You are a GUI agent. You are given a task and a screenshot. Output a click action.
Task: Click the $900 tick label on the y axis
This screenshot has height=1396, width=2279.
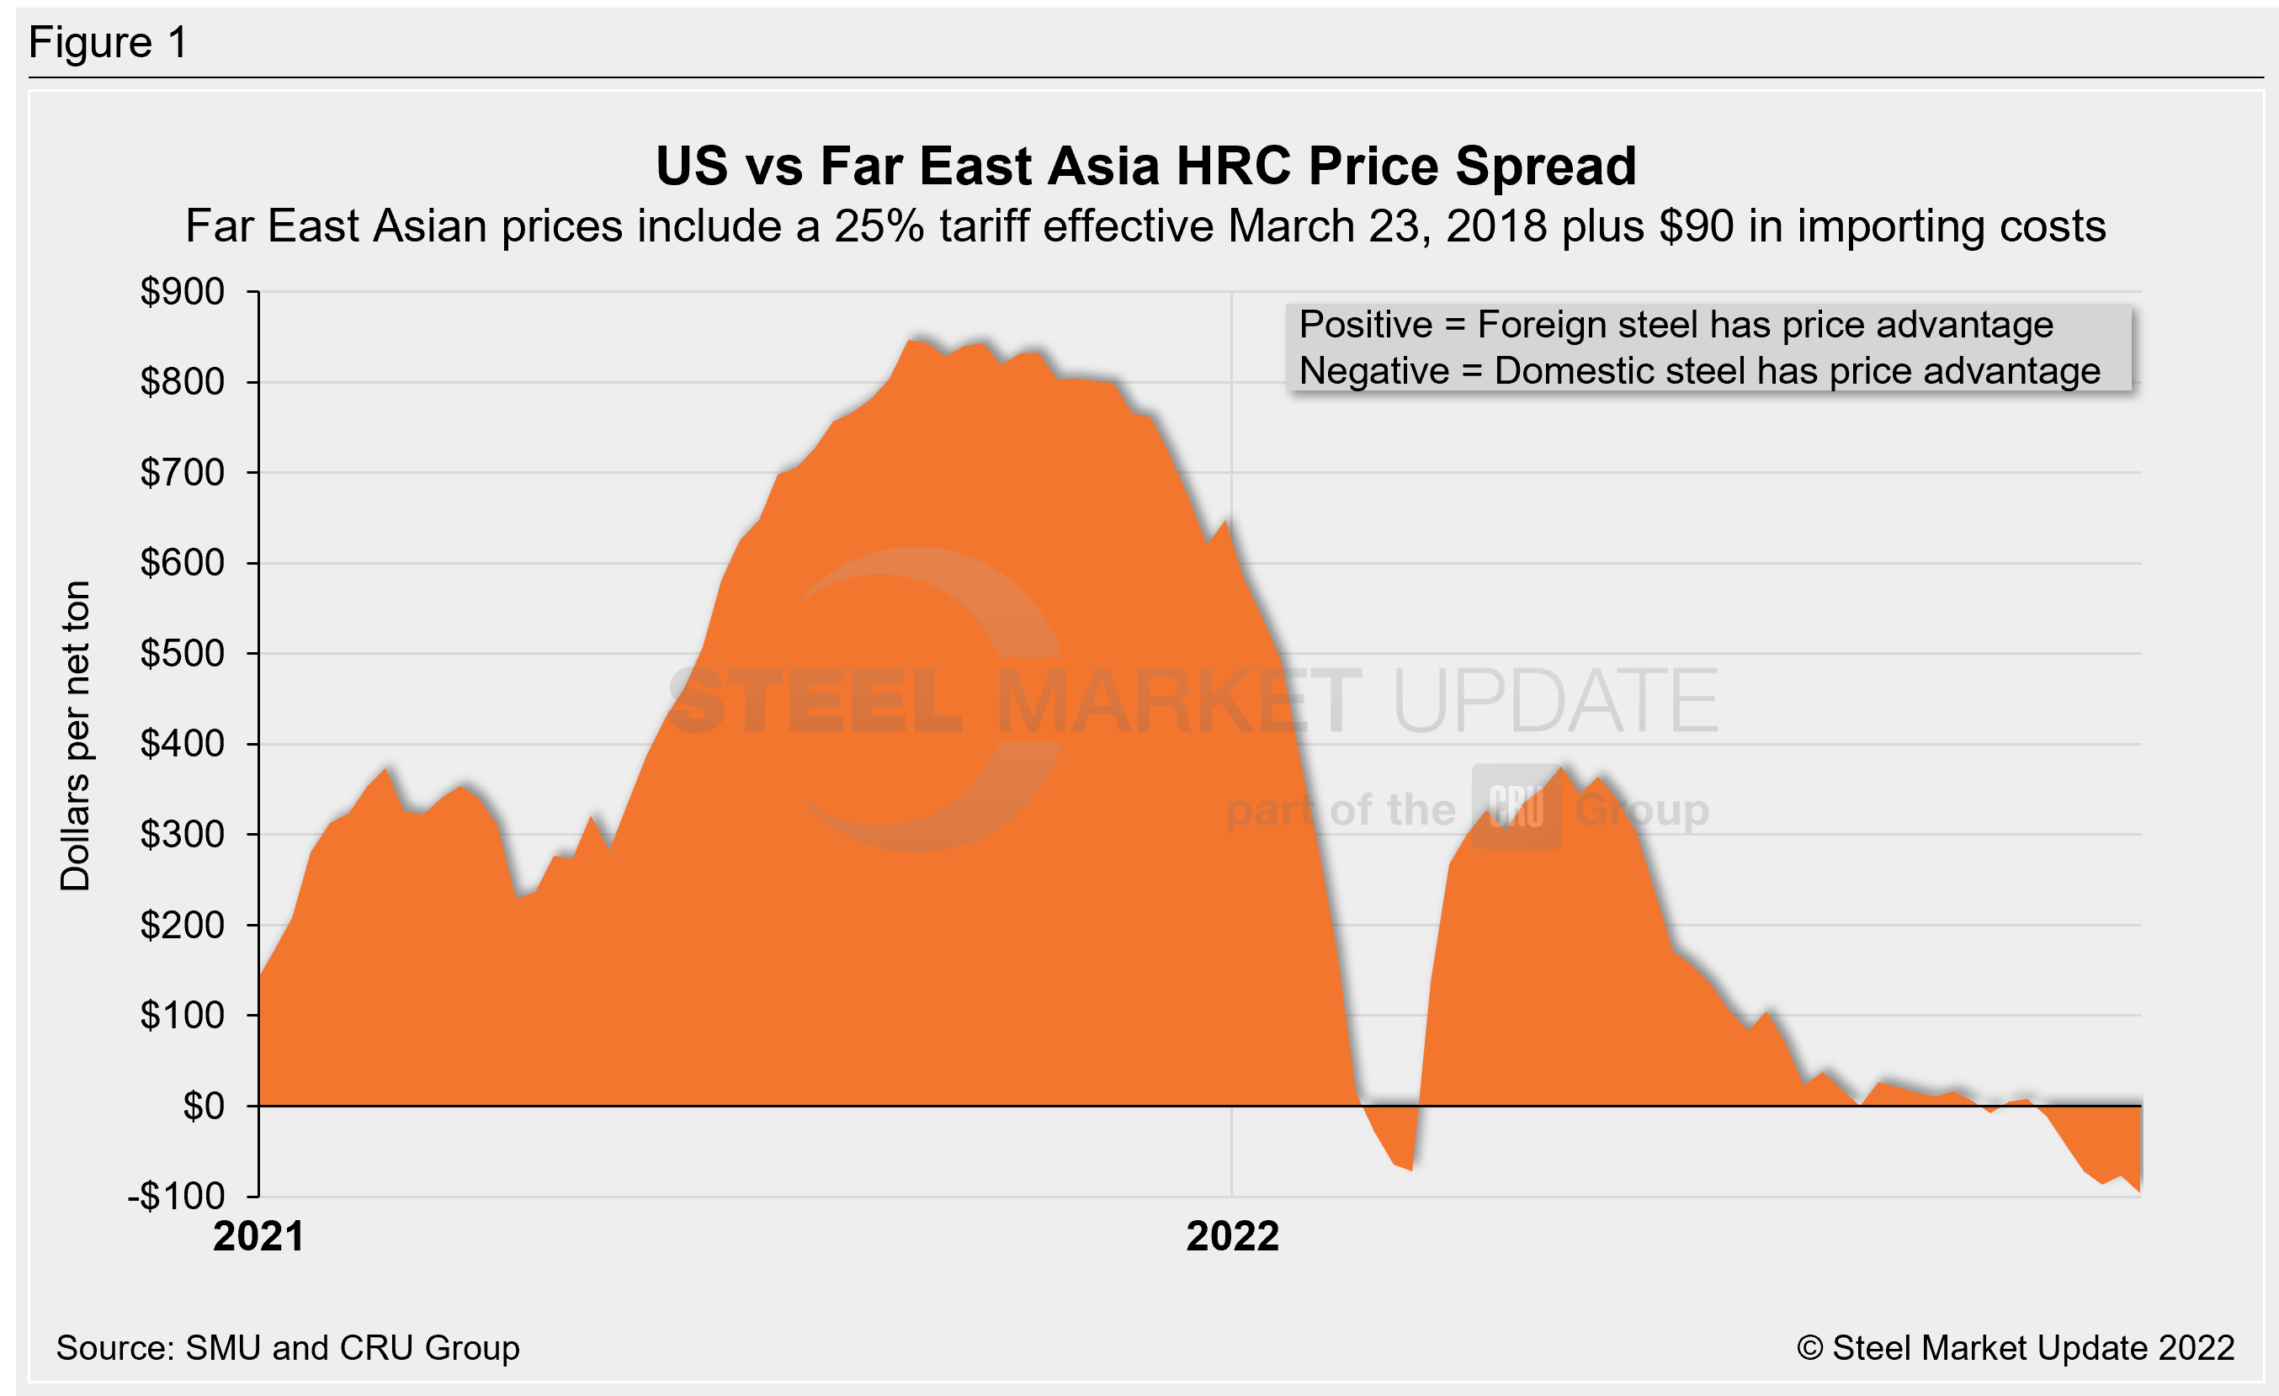[183, 292]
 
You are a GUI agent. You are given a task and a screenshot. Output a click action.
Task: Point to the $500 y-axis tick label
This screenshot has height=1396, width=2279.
[183, 654]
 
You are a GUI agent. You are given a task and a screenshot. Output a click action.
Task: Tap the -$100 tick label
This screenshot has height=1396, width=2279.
[177, 1197]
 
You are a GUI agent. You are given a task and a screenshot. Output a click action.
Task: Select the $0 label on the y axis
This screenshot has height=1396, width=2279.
[204, 1106]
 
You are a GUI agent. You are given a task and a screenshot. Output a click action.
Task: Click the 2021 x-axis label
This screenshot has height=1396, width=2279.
[259, 1237]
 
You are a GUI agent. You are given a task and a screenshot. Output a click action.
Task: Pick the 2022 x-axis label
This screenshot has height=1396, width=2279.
[1232, 1237]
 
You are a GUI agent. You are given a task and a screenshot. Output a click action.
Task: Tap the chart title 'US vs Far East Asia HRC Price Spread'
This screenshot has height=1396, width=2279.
[1146, 167]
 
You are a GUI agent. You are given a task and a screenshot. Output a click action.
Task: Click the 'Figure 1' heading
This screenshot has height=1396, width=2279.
[109, 43]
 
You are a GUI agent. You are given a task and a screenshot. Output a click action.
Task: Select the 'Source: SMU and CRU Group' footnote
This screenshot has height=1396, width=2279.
[288, 1348]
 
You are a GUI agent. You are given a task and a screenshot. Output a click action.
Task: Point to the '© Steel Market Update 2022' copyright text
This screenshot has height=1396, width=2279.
[2016, 1348]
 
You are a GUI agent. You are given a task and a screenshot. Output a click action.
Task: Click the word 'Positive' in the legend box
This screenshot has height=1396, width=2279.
[1365, 326]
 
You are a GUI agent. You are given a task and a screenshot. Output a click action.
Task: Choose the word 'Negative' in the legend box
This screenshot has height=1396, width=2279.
[1373, 372]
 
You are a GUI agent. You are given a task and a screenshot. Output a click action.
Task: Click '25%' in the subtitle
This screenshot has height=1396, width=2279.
[879, 226]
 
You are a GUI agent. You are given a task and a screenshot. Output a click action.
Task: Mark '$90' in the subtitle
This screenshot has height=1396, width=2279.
[1697, 226]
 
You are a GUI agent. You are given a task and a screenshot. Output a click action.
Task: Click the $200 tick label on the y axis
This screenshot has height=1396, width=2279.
[183, 926]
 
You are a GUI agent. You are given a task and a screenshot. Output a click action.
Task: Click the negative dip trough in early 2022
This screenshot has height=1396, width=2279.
[1409, 1167]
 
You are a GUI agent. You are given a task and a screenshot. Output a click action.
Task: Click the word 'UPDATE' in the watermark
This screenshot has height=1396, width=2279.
[1554, 701]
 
